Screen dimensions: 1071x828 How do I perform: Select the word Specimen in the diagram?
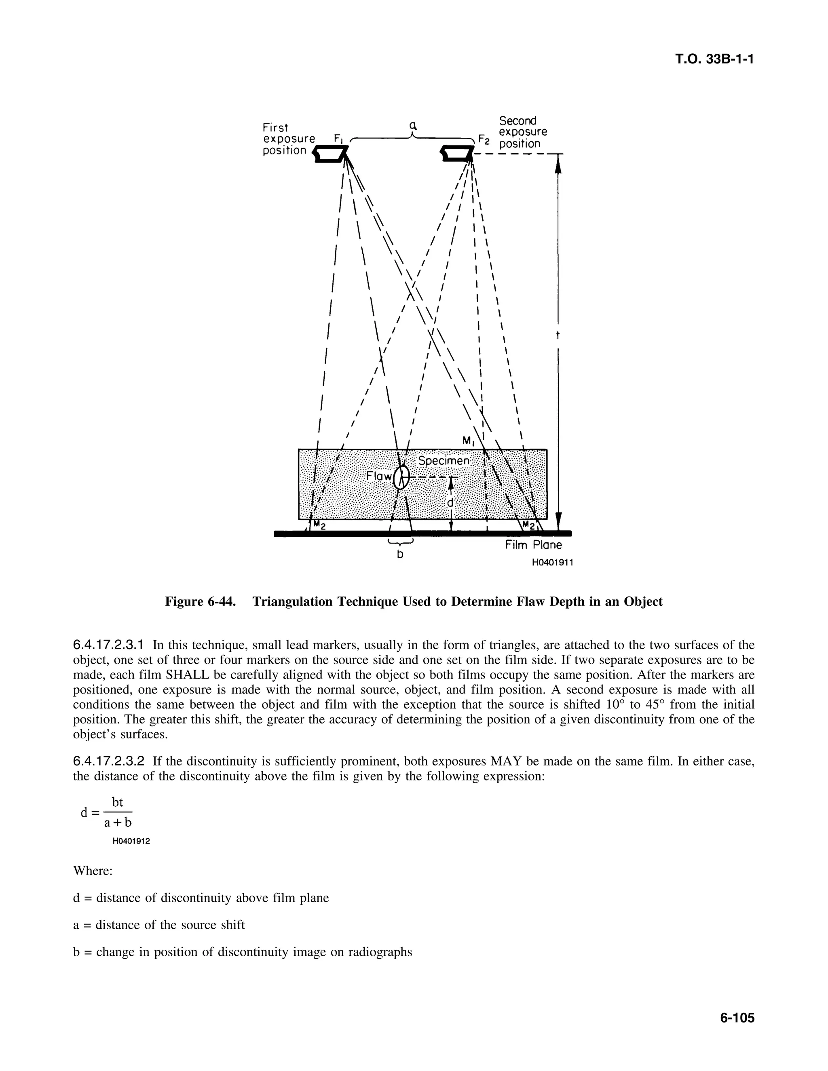[444, 461]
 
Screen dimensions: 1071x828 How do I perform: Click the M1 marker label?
[469, 441]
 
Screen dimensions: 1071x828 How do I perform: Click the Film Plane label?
[534, 545]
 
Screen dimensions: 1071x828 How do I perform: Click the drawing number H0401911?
[552, 563]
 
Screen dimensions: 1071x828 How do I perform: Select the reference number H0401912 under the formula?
[131, 841]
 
